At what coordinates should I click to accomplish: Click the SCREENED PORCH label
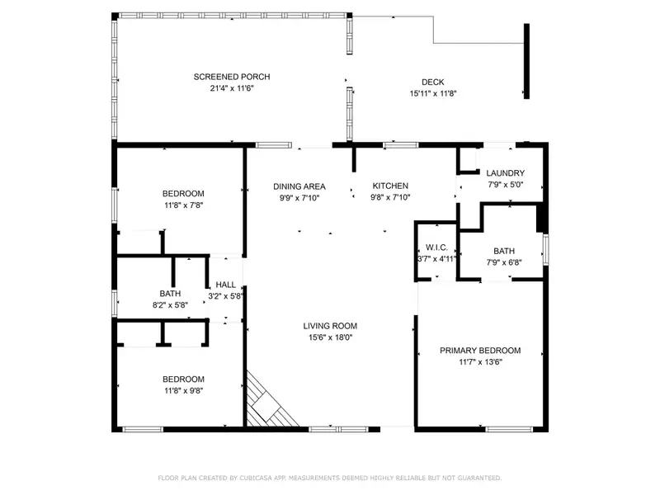(232, 77)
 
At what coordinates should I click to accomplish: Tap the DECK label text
(432, 82)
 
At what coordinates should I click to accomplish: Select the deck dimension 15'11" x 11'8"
(433, 93)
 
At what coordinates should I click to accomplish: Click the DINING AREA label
(299, 186)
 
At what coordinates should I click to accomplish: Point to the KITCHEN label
(390, 186)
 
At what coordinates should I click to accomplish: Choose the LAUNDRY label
(505, 173)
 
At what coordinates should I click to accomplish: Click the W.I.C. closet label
(436, 247)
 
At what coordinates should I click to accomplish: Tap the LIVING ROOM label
(330, 326)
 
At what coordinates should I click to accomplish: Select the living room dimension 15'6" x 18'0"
(331, 337)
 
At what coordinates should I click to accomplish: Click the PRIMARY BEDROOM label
(480, 350)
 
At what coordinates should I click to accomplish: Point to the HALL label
(225, 285)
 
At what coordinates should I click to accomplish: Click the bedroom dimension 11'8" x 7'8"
(183, 205)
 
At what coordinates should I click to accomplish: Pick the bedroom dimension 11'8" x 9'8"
(183, 390)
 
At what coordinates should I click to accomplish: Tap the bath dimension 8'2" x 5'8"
(170, 304)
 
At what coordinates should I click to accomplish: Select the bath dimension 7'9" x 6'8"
(504, 262)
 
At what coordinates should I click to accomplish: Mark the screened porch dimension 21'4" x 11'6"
(232, 88)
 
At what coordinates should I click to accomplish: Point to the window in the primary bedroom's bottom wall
(509, 429)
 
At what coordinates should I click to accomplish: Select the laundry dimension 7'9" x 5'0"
(505, 184)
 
